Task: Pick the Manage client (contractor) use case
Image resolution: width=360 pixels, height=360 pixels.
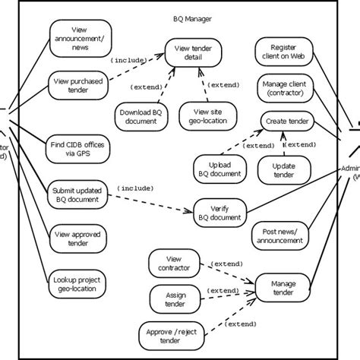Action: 282,89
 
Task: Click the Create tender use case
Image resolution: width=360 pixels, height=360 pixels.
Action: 287,122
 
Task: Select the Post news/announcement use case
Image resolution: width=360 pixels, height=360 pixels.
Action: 279,237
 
